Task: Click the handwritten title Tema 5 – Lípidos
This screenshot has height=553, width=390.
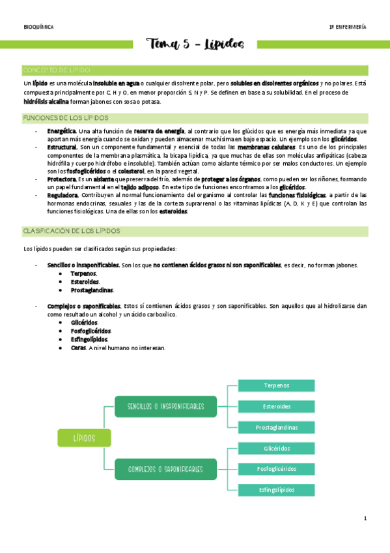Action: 196,44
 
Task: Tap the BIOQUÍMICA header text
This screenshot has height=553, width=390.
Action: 38,27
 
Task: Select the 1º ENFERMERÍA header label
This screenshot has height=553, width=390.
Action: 348,27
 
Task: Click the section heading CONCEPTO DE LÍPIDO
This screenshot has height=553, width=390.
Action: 57,70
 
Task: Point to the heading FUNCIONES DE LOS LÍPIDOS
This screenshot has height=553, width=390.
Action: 65,118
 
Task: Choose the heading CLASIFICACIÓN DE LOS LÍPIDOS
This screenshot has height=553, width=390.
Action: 71,232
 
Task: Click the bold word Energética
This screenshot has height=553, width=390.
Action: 62,131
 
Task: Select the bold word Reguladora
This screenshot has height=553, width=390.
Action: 63,195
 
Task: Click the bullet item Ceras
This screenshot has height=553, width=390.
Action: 78,348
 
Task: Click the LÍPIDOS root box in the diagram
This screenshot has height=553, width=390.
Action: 84,438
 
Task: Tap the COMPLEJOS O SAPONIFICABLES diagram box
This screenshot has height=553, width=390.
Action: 165,469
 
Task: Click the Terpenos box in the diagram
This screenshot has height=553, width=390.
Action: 277,386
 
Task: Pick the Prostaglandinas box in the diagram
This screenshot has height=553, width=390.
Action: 277,428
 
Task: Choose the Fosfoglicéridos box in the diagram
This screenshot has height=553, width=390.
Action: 277,469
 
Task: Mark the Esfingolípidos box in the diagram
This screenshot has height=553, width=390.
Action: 277,490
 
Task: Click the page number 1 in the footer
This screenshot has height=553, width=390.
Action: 365,518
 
